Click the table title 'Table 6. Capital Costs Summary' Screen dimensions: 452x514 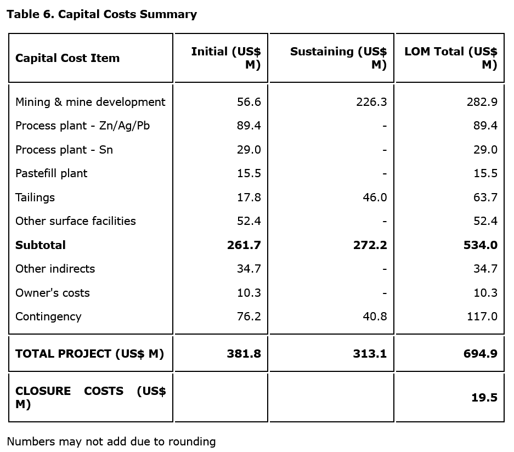click(101, 14)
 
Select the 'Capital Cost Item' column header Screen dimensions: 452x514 click(67, 58)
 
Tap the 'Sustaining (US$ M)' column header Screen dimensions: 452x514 click(338, 58)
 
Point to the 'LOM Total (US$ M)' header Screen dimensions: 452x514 click(451, 58)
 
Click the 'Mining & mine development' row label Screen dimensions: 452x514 click(90, 102)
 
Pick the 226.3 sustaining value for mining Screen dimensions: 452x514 click(371, 102)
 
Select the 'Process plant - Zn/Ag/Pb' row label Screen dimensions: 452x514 click(82, 126)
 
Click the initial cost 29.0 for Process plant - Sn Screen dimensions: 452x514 click(248, 150)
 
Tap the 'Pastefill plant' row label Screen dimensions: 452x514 click(51, 173)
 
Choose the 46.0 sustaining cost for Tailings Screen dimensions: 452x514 click(375, 197)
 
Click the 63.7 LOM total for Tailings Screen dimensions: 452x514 click(485, 197)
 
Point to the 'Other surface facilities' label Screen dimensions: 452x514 click(75, 221)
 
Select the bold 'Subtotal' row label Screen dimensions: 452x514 click(40, 245)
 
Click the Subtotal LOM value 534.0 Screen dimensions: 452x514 click(481, 245)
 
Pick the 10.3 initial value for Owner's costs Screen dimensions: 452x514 click(248, 293)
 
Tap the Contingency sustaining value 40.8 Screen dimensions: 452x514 click(375, 317)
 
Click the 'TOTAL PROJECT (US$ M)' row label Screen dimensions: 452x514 click(89, 354)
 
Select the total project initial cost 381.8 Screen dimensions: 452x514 click(244, 354)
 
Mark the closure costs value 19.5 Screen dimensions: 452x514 click(484, 398)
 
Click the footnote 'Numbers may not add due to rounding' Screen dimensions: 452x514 click(111, 442)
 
